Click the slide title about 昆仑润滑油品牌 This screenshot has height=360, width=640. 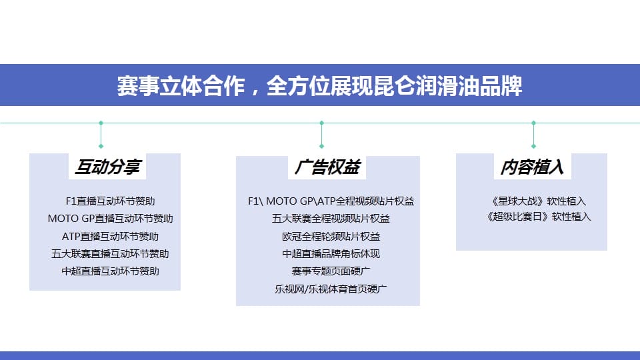pos(319,86)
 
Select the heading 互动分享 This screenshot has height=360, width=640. pos(107,167)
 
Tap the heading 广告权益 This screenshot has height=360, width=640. pos(327,167)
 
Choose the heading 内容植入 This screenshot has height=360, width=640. pos(532,167)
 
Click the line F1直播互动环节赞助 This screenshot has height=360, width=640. pos(110,201)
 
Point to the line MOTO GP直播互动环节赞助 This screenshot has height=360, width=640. pos(110,219)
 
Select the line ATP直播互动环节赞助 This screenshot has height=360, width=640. pos(110,236)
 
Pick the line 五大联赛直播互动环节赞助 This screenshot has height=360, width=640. pos(110,254)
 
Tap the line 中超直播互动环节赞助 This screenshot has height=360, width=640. pos(110,271)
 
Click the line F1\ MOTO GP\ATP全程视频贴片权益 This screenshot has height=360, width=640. pos(331,201)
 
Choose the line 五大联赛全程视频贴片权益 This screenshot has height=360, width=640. pos(331,219)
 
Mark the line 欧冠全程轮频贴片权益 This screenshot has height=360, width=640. pos(331,236)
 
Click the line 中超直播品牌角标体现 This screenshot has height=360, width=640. pos(331,254)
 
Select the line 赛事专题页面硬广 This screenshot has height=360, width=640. pos(331,271)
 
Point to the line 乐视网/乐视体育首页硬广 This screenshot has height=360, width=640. pos(331,289)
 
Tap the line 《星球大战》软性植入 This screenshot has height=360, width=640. pos(539,201)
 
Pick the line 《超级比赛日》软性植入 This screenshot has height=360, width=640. pos(539,216)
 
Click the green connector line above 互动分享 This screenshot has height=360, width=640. pos(101,134)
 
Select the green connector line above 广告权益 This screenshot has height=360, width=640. pos(321,134)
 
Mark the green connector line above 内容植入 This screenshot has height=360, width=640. pos(533,134)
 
